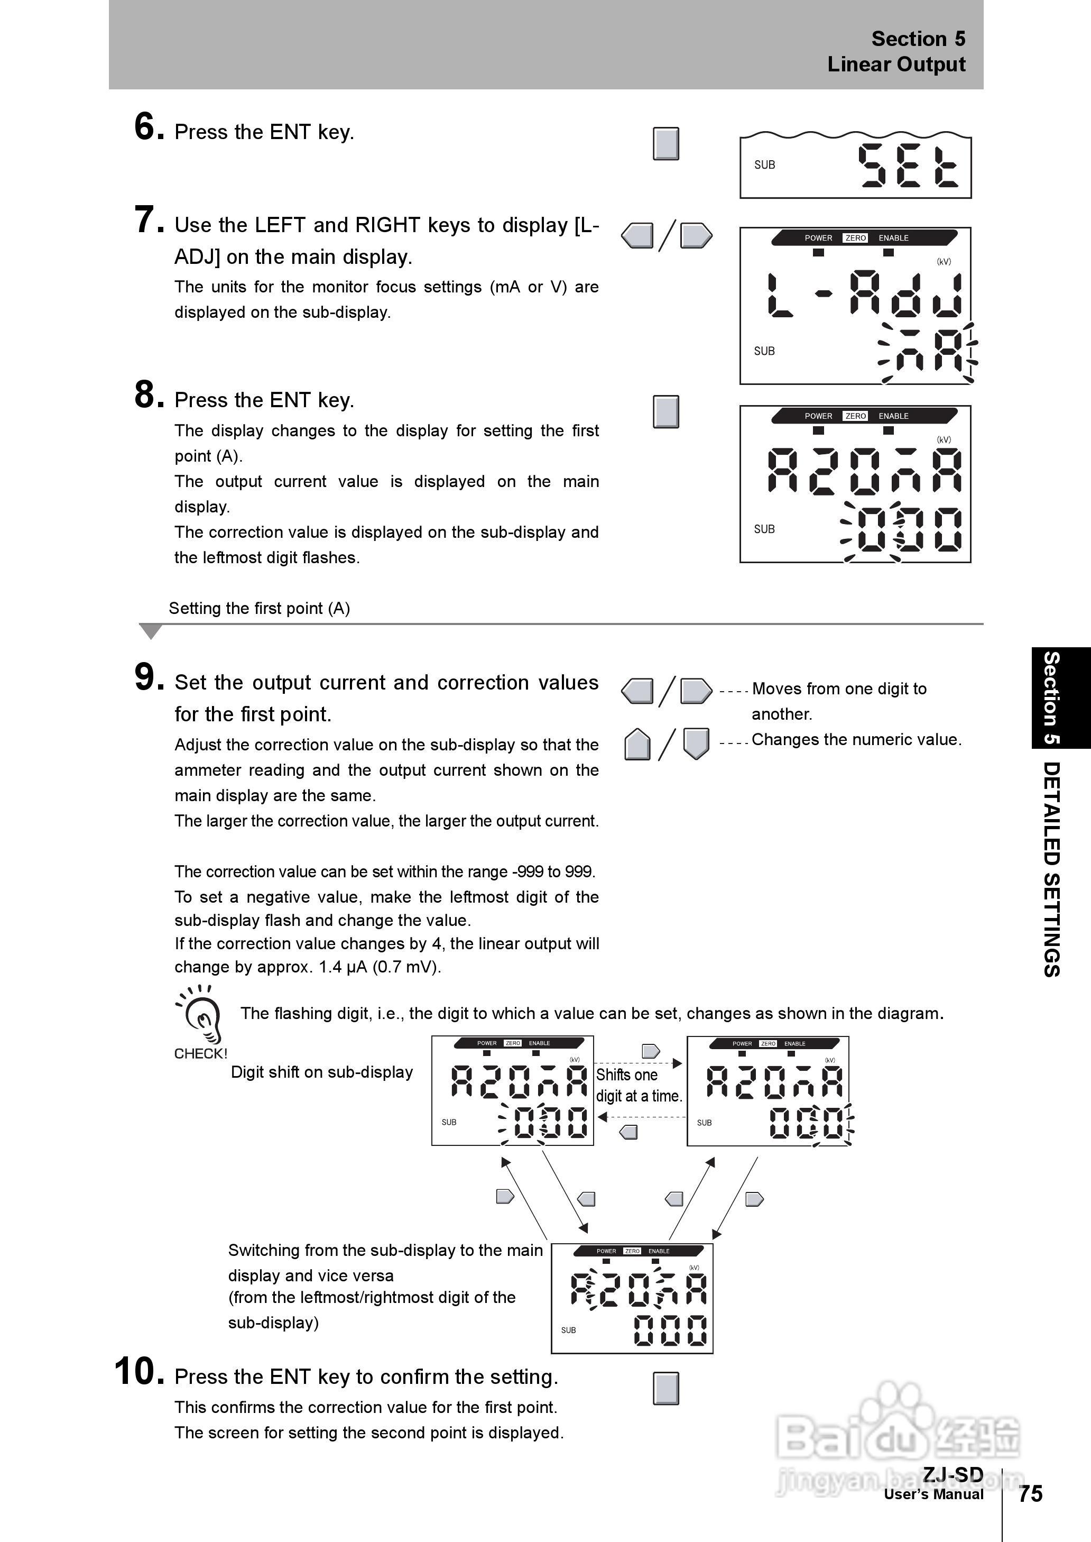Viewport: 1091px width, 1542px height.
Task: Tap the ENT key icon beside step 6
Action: click(665, 144)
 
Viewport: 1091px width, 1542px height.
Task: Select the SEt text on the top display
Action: click(908, 166)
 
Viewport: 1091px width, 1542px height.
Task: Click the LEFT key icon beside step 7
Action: click(637, 236)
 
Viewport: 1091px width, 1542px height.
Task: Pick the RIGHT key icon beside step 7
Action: click(696, 236)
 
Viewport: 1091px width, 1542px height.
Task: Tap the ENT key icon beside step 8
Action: click(665, 411)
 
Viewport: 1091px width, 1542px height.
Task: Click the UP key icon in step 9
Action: click(637, 745)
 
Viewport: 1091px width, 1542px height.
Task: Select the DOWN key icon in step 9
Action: click(696, 743)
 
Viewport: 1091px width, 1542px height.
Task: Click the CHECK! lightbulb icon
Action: click(201, 1015)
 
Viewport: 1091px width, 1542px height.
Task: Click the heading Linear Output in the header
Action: click(896, 65)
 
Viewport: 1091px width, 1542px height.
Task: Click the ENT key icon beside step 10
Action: click(665, 1388)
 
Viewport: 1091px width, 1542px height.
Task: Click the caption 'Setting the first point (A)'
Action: click(260, 608)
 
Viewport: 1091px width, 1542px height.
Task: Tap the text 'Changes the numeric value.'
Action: click(856, 739)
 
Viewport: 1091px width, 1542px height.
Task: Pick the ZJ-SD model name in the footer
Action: click(953, 1474)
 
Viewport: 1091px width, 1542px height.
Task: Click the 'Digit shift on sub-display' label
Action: click(322, 1072)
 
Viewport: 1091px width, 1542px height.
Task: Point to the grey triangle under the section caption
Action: click(151, 631)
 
